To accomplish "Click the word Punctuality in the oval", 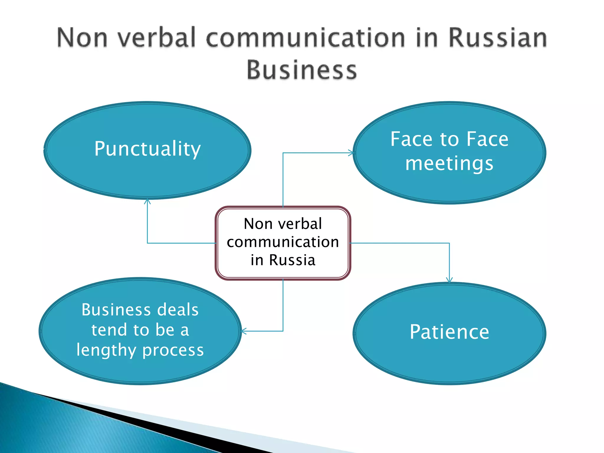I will (147, 149).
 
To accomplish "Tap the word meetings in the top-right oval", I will (449, 163).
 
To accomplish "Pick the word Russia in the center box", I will (292, 260).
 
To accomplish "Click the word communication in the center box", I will (283, 242).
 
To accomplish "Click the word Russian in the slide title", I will (498, 38).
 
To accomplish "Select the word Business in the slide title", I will (302, 70).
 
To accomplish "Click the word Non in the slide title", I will (82, 38).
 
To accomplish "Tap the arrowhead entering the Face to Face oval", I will (351, 153).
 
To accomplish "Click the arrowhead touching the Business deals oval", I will (244, 331).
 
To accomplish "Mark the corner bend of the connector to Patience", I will (449, 243).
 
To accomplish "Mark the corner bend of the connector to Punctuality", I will (147, 243).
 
